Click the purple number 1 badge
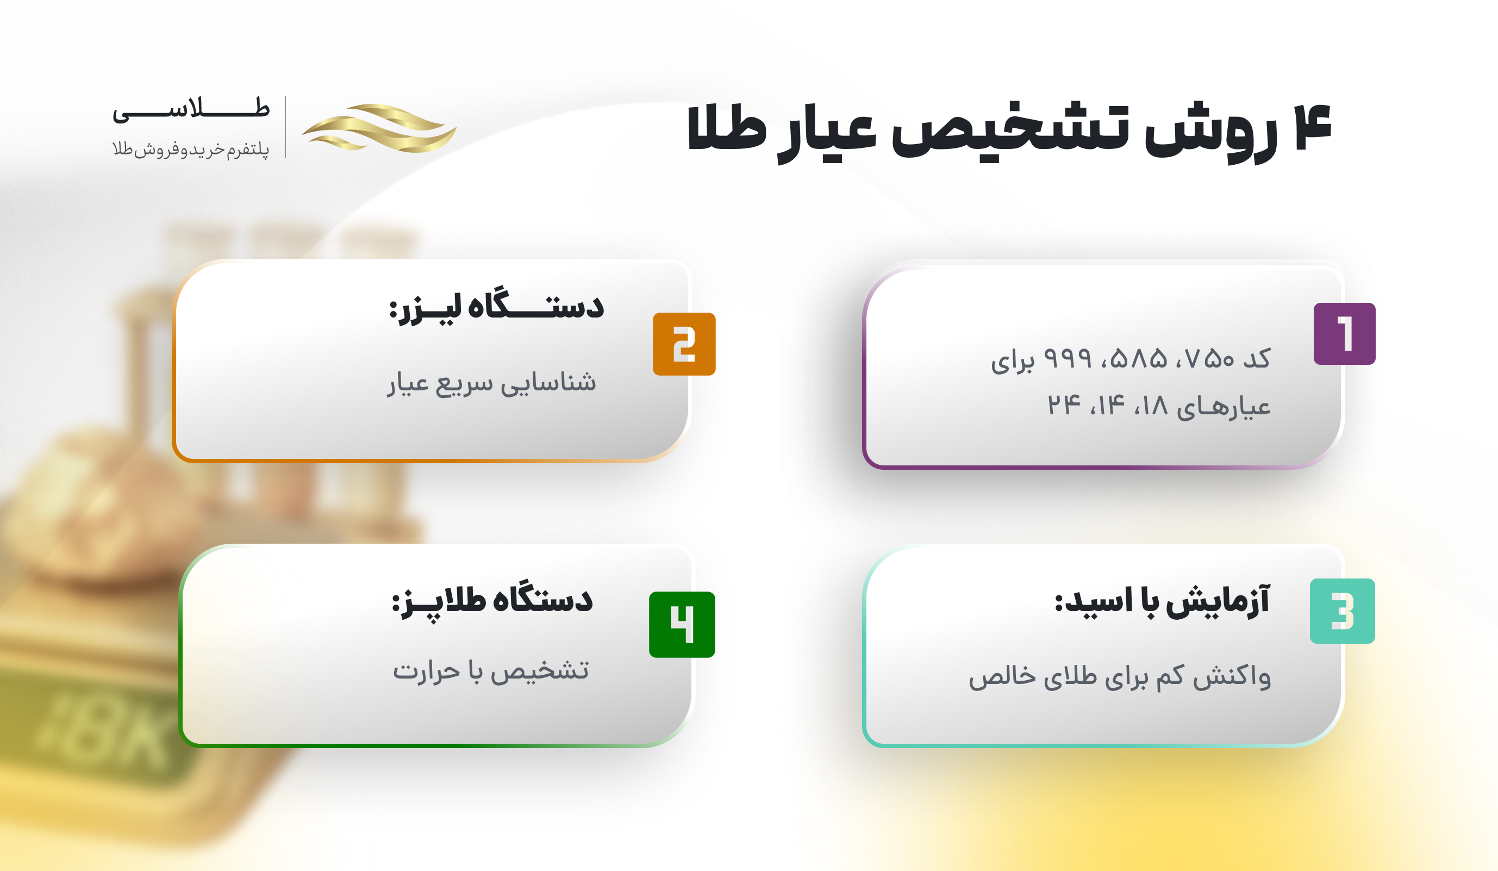pos(1344,333)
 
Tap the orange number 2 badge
pos(684,344)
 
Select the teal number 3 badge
pos(1342,611)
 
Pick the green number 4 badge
pos(682,624)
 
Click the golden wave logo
pos(379,128)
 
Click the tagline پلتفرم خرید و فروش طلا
pos(191,148)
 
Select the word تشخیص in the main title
pos(1010,129)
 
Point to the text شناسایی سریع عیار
pos(491,383)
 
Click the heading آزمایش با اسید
pos(1162,600)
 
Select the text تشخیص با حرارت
pos(491,670)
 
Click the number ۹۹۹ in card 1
pos(1068,358)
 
